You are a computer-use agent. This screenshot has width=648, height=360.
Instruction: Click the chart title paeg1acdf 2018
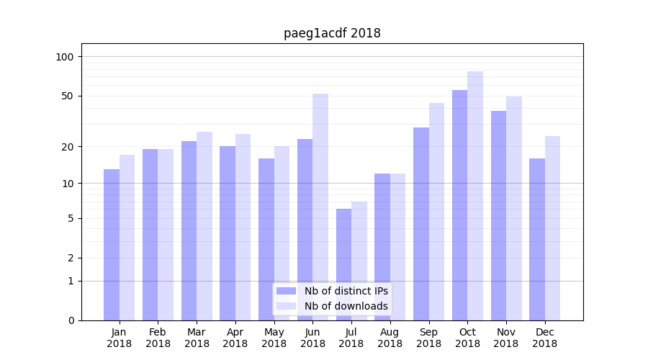[x=332, y=33]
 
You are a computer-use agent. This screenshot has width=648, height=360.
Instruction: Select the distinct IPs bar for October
[x=459, y=205]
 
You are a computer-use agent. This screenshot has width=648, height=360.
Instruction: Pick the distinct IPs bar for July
[x=343, y=264]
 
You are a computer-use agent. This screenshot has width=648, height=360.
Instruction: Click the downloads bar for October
[x=475, y=196]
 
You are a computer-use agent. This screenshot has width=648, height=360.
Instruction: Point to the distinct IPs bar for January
[x=112, y=245]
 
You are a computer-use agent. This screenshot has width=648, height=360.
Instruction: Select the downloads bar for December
[x=552, y=228]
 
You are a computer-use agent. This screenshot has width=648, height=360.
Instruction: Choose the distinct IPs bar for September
[x=421, y=224]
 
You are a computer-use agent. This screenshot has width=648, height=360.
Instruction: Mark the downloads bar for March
[x=204, y=226]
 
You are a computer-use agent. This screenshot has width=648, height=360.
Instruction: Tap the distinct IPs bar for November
[x=498, y=215]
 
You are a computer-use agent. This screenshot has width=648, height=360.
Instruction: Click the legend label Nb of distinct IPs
[x=346, y=291]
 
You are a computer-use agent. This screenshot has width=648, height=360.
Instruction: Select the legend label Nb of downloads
[x=346, y=306]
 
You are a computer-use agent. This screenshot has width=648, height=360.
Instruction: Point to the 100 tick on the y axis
[x=65, y=57]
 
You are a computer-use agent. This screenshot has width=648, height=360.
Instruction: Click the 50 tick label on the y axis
[x=68, y=96]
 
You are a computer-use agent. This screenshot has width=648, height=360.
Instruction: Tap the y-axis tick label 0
[x=71, y=320]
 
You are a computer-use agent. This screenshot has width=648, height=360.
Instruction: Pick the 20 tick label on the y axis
[x=68, y=147]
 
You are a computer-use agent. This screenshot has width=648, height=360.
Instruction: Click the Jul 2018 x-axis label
[x=351, y=338]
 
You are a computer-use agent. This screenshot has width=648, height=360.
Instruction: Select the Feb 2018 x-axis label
[x=158, y=338]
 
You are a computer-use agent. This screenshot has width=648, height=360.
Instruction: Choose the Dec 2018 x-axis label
[x=544, y=338]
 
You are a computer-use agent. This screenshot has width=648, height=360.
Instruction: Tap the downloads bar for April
[x=243, y=227]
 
